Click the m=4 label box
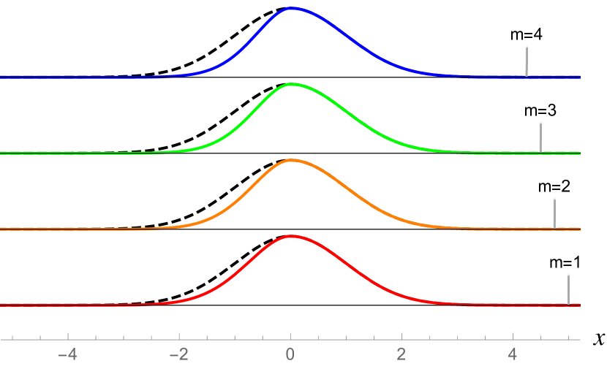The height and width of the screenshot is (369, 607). pyautogui.click(x=525, y=34)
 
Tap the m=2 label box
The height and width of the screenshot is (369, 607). pyautogui.click(x=554, y=187)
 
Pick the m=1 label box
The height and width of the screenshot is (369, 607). pyautogui.click(x=562, y=263)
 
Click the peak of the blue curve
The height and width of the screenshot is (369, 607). pyautogui.click(x=291, y=8)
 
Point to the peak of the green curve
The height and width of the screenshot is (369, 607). pyautogui.click(x=291, y=84)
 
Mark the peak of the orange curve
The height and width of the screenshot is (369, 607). pyautogui.click(x=291, y=160)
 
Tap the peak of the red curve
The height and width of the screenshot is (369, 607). pyautogui.click(x=291, y=236)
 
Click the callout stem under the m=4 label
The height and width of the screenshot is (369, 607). pyautogui.click(x=526, y=61)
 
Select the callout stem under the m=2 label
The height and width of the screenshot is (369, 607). pyautogui.click(x=554, y=213)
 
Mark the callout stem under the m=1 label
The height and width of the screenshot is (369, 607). pyautogui.click(x=568, y=289)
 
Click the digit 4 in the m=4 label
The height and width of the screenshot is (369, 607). pyautogui.click(x=537, y=34)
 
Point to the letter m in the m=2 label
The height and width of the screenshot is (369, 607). pyautogui.click(x=543, y=187)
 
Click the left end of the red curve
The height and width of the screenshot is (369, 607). pyautogui.click(x=2, y=304)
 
